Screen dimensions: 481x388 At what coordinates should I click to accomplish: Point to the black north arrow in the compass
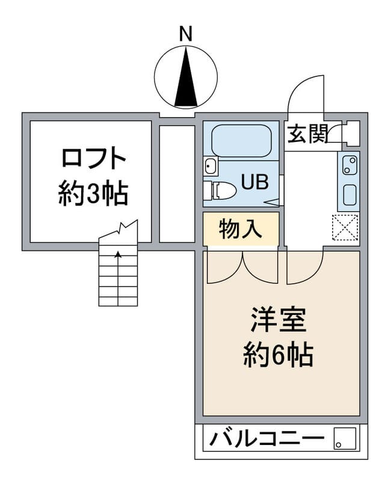tap(186, 79)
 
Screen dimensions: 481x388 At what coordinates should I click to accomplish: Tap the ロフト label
tap(94, 159)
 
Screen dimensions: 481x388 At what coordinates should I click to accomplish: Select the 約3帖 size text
tap(94, 194)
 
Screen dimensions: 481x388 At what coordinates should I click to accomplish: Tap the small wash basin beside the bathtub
tap(210, 165)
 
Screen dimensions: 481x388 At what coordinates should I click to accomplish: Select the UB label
tap(255, 181)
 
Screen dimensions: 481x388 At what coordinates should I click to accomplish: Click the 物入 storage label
tap(241, 229)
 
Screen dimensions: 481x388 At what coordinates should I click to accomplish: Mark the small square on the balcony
tap(344, 439)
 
